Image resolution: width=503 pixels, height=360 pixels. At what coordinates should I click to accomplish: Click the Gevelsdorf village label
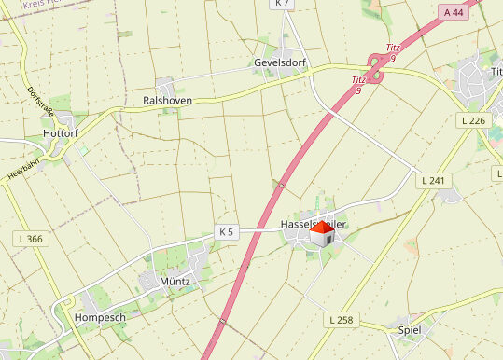tap(281, 63)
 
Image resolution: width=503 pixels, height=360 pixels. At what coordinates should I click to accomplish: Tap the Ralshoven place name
tap(167, 100)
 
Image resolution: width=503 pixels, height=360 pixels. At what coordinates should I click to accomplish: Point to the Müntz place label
tap(175, 281)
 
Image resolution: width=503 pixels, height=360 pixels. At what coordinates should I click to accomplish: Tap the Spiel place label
tap(410, 330)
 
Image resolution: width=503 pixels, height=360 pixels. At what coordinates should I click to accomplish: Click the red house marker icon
tap(321, 233)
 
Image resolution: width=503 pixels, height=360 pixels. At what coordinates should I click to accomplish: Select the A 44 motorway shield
tap(454, 12)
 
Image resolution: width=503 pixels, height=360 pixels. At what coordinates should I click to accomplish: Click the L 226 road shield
tap(473, 121)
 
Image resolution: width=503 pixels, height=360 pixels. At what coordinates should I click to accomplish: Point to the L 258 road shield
tap(341, 320)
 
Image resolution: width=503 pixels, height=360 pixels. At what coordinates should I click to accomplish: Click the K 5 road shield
tap(227, 231)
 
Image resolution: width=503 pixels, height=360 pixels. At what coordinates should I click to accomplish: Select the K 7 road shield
tap(283, 4)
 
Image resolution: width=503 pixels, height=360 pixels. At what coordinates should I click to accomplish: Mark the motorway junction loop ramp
tap(374, 67)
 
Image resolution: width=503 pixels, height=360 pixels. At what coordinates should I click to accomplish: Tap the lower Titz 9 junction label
tap(358, 85)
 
